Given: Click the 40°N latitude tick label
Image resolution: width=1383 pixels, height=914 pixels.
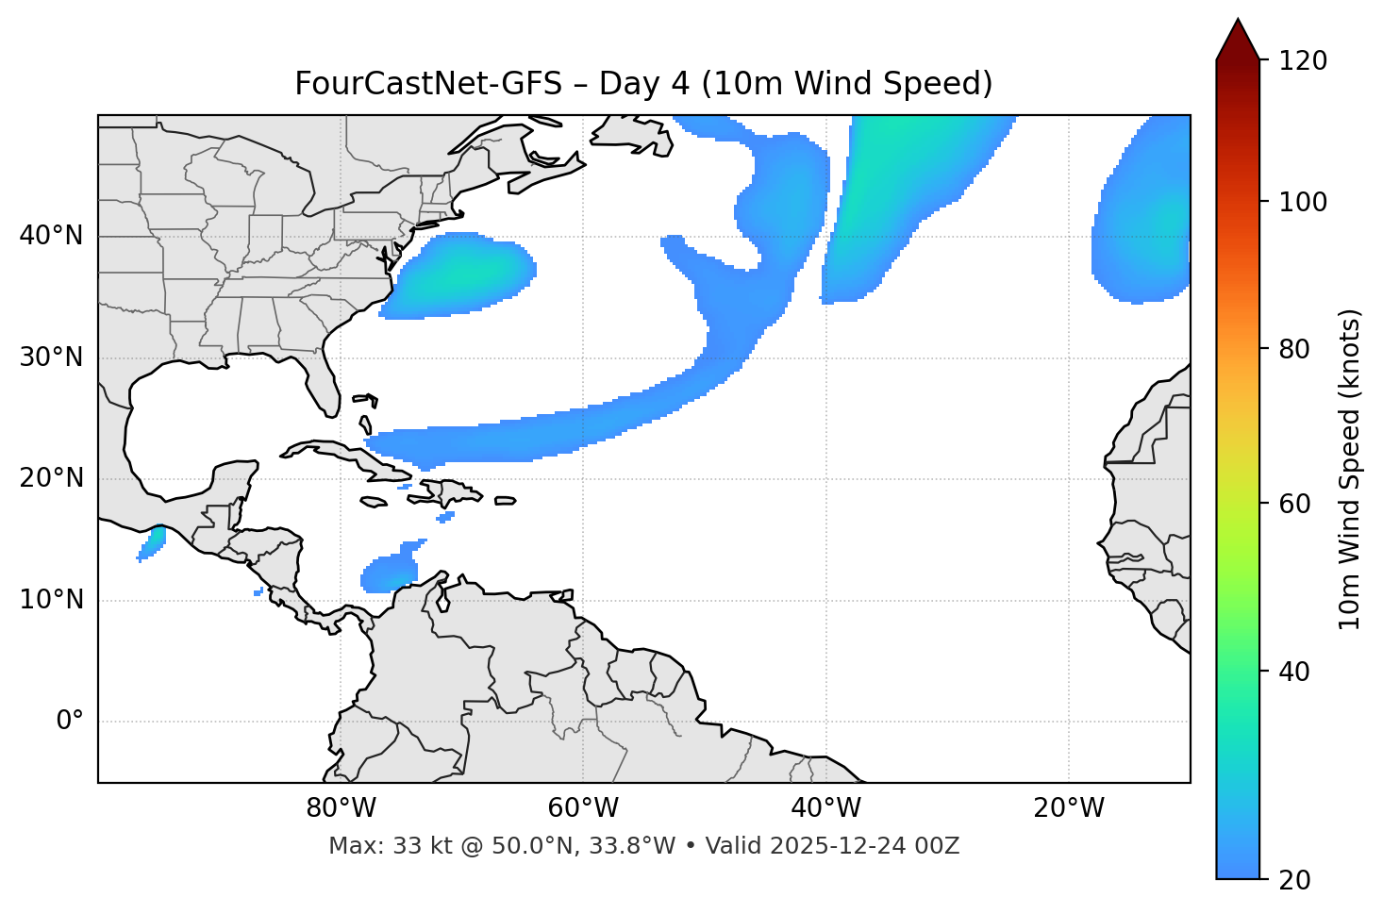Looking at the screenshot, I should point(51,236).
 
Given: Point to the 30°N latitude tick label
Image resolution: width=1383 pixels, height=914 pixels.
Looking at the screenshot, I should point(51,357).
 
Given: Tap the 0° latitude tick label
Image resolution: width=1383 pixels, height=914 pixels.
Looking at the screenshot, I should point(70,722).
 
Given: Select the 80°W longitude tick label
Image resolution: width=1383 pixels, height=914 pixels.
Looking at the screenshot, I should point(341,808).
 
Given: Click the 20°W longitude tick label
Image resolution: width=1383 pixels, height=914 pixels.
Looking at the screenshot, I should point(1069,808).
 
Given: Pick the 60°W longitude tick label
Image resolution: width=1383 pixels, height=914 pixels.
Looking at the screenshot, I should point(583,808).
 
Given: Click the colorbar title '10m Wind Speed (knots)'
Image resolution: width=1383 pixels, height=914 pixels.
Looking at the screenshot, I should point(1350,469).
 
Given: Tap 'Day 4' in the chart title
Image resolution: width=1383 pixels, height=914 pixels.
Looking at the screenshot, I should point(643,84).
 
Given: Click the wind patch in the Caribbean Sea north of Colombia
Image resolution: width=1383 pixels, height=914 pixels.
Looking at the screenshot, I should point(389,571).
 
